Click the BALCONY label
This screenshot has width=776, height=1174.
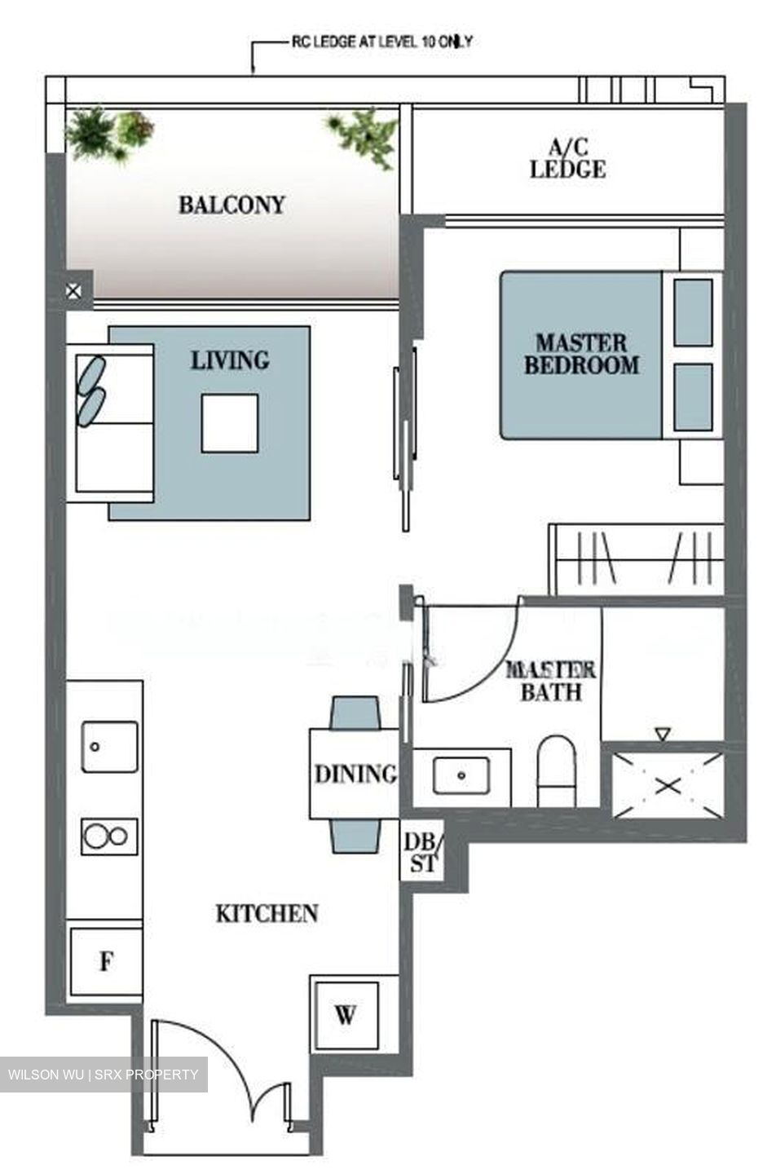click(x=231, y=205)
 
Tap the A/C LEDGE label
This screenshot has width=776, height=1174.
click(x=567, y=159)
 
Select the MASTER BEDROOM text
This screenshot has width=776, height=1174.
click(x=581, y=354)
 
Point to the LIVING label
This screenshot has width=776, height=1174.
click(x=230, y=360)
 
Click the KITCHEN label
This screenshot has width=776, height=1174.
click(x=267, y=914)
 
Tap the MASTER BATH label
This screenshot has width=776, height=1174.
click(x=551, y=682)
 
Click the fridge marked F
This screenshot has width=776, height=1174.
click(x=106, y=962)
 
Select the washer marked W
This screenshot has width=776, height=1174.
click(x=346, y=1016)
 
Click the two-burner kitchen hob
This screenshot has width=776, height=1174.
click(x=109, y=836)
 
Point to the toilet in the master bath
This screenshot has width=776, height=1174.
click(x=557, y=770)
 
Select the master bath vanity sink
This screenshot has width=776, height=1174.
click(x=461, y=775)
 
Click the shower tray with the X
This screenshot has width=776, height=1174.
click(x=668, y=785)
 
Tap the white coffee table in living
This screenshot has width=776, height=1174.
click(x=230, y=423)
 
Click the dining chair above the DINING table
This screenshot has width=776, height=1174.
click(x=355, y=712)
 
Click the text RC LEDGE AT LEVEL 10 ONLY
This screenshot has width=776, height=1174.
click(x=381, y=42)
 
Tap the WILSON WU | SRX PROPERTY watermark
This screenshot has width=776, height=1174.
click(x=104, y=1075)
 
